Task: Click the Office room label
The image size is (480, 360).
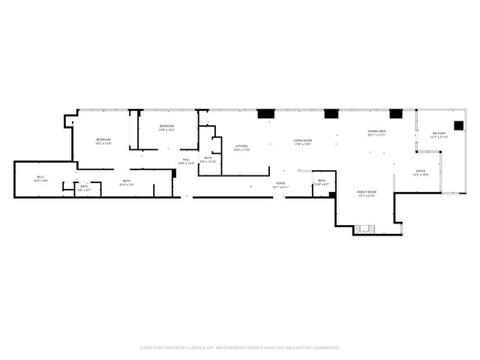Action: (x=421, y=172)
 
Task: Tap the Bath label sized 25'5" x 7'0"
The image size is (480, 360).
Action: (x=127, y=182)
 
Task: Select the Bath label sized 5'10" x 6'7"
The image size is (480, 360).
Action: (x=322, y=181)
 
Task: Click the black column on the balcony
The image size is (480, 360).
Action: (x=458, y=125)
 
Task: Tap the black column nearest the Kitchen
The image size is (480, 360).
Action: (x=265, y=114)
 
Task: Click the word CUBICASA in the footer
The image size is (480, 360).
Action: (x=202, y=348)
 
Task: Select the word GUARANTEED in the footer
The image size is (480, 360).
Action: (x=325, y=348)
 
